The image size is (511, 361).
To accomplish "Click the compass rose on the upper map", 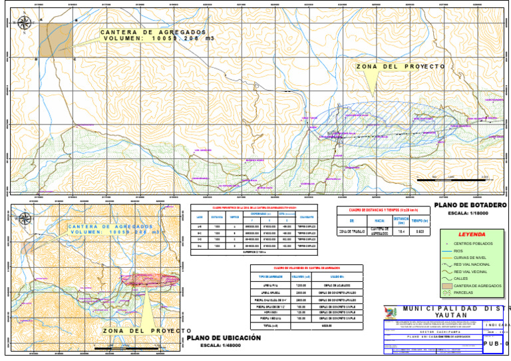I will [x=24, y=23].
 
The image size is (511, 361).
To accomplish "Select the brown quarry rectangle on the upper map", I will [x=56, y=39].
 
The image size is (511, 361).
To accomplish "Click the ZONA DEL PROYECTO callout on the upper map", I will [x=400, y=67].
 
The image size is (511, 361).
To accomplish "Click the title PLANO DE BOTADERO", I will [x=469, y=205].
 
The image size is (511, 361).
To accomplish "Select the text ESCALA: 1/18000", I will [x=469, y=214].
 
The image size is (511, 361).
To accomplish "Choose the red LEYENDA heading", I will [x=472, y=234].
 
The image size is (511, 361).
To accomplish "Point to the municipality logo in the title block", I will [x=391, y=312].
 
